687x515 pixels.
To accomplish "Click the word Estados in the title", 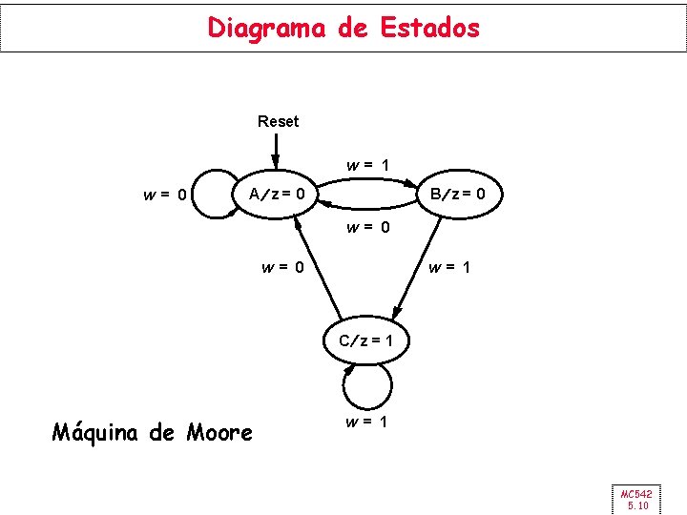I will pos(429,28).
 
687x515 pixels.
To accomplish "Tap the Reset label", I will pos(278,121).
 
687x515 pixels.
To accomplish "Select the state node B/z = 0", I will pos(457,196).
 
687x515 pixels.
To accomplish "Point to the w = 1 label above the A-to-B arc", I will pos(367,165).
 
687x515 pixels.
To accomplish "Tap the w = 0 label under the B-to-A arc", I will pos(367,227).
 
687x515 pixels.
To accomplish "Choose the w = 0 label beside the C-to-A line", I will pos(283,267).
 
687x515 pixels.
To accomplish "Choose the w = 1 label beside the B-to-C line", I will pos(449,267).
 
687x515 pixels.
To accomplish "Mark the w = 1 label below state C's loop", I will pos(367,421).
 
